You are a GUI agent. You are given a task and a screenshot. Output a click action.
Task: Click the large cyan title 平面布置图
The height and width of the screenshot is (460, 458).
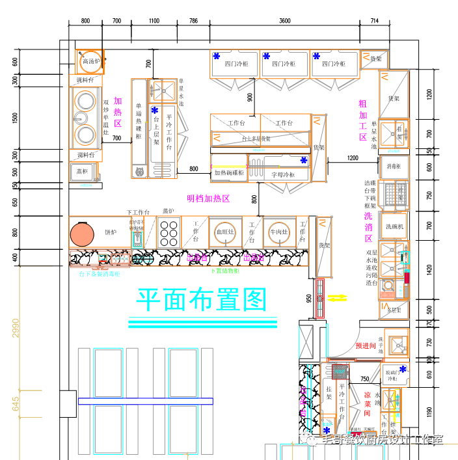[x=202, y=300]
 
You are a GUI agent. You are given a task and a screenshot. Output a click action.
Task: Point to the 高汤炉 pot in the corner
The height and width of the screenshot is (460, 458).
[x=89, y=61]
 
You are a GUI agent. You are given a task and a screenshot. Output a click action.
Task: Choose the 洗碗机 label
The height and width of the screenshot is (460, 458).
[x=395, y=226]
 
